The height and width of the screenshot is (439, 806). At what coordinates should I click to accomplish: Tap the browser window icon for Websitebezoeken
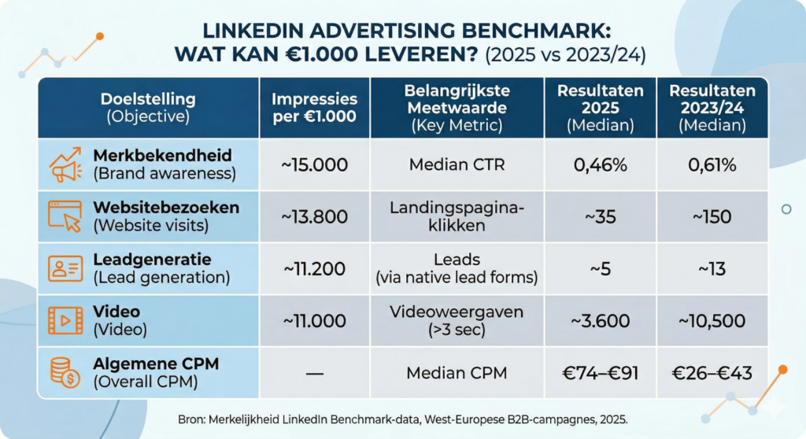[66, 216]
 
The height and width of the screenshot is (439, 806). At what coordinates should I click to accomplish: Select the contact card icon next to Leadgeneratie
[66, 268]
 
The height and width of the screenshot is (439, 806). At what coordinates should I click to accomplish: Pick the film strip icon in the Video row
[66, 320]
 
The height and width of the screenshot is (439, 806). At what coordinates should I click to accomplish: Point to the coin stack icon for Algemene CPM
[66, 371]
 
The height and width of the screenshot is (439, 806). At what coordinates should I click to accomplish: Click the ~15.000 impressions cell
[314, 164]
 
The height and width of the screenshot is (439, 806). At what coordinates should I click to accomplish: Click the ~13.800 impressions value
[314, 216]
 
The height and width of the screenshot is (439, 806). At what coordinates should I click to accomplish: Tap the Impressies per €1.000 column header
[314, 108]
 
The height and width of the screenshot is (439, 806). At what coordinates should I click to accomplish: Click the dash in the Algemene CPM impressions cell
[314, 373]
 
